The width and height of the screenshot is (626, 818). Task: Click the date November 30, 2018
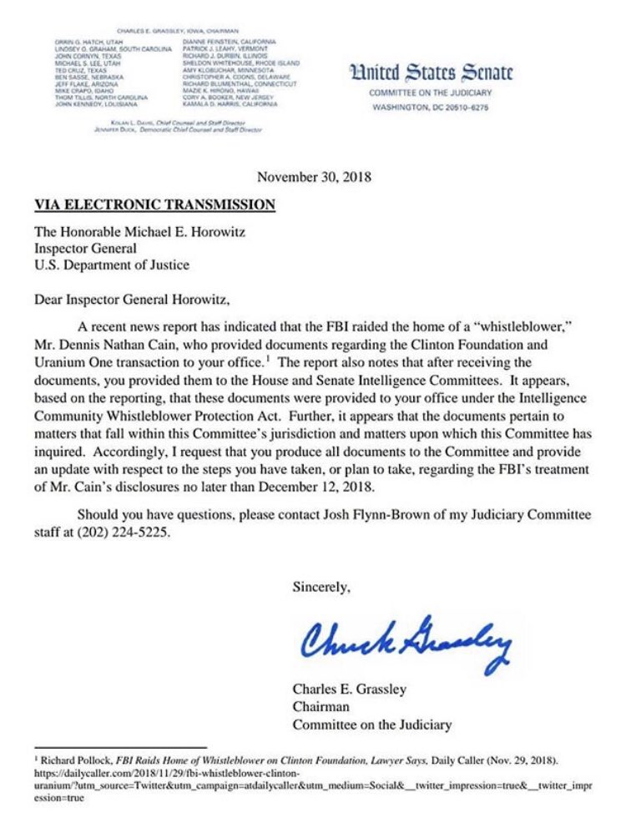(314, 177)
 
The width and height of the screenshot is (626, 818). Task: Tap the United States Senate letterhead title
(431, 73)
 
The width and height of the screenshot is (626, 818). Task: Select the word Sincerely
(321, 587)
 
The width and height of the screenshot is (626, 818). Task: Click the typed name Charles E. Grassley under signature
(350, 689)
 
